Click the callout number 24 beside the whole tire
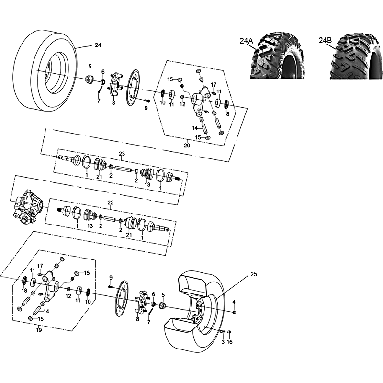point(98,45)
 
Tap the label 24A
point(246,41)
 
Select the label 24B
point(325,40)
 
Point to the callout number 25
point(254,274)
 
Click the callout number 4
point(234,302)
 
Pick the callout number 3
point(223,342)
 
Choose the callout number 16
point(230,342)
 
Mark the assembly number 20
point(187,146)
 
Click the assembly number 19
point(39,330)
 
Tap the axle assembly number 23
point(122,154)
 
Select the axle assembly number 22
point(111,203)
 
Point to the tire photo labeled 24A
point(277,56)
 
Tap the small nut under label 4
point(234,313)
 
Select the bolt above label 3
point(223,331)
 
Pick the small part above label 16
point(229,332)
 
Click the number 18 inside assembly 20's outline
point(226,114)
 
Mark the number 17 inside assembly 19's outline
point(40,266)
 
